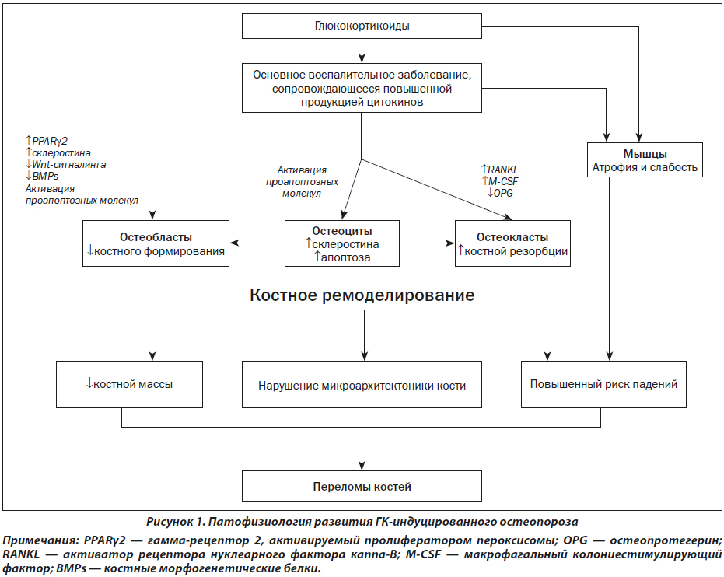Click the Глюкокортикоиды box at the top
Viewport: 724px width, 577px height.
pos(362,26)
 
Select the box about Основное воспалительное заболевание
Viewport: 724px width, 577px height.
pos(362,88)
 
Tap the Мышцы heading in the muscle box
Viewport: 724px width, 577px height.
pos(645,154)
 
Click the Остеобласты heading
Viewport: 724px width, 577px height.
pos(156,237)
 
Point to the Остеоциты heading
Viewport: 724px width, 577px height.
pos(342,231)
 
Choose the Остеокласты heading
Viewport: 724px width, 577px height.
pos(512,237)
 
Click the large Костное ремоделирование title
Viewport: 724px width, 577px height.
pos(362,295)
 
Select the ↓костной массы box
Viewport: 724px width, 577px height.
pos(129,384)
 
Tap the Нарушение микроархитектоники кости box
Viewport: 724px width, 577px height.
pos(362,384)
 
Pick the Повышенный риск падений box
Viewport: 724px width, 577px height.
pos(603,384)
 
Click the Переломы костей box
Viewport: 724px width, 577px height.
pos(362,486)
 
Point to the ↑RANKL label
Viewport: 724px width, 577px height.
pos(499,170)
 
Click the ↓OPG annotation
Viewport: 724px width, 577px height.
pos(500,193)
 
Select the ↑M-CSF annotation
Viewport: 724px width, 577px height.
pos(499,181)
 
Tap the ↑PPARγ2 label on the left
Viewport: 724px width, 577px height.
pos(47,141)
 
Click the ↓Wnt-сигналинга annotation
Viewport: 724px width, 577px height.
pos(65,164)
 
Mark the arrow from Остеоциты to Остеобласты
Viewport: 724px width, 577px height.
pos(257,243)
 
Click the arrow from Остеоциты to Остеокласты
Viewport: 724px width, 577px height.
pos(427,243)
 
